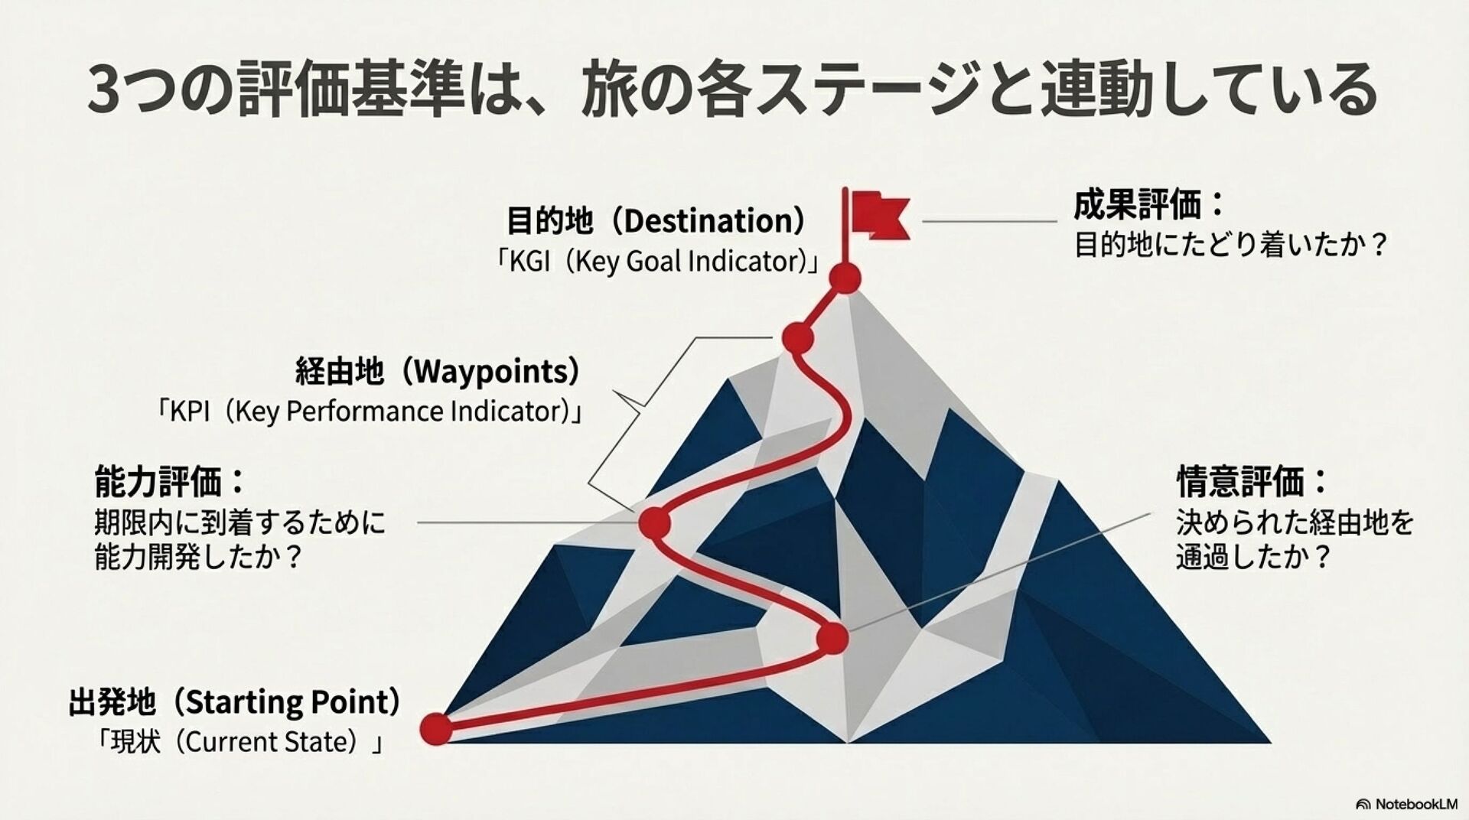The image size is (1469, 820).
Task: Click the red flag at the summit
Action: click(880, 215)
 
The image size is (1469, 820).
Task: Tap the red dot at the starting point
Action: click(436, 728)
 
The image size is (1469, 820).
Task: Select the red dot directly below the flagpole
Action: click(845, 278)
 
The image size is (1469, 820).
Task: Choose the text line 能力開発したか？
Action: click(199, 558)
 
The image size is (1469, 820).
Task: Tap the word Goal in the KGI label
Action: click(654, 262)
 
